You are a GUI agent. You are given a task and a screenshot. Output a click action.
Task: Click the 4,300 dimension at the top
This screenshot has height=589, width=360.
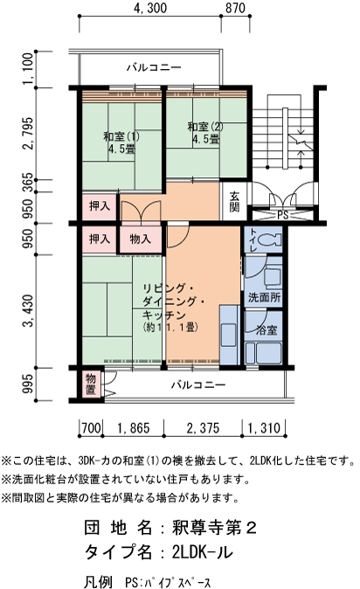tap(151, 9)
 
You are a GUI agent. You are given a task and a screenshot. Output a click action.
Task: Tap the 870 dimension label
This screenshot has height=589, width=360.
tap(235, 9)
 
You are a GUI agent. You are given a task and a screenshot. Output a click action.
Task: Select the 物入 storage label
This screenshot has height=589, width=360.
tap(140, 238)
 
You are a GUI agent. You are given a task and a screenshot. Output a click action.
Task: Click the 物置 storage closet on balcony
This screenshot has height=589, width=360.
tap(91, 384)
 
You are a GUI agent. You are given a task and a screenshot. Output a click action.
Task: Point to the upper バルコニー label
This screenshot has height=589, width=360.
tap(153, 66)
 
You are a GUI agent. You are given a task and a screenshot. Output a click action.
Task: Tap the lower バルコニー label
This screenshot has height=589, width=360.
tap(197, 385)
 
